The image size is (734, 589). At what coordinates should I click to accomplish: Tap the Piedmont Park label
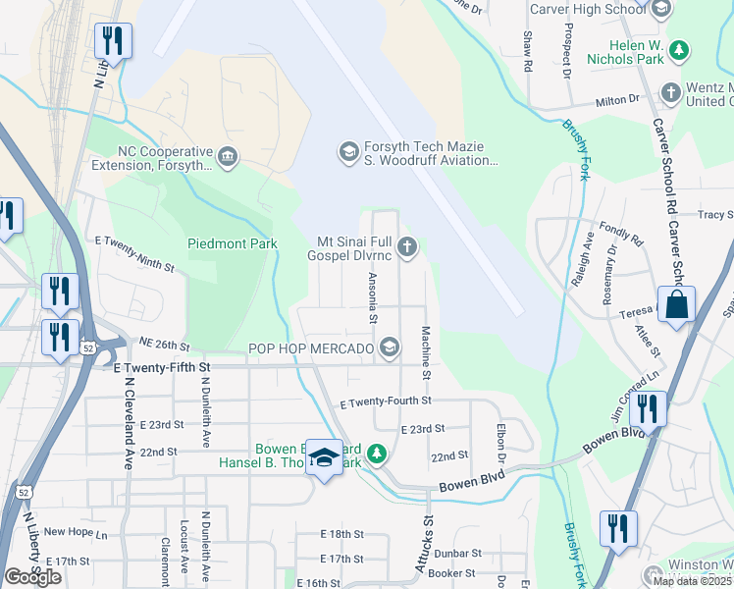point(233,243)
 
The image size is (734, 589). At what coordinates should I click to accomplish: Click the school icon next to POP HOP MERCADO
point(390,348)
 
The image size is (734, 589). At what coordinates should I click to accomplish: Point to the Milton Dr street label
point(618,99)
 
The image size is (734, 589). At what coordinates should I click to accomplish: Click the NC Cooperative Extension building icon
point(228,156)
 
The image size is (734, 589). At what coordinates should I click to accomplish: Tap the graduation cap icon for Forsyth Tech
point(347,150)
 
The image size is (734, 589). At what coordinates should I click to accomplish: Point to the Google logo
point(33,577)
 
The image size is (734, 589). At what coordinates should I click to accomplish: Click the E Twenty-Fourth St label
point(385,402)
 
